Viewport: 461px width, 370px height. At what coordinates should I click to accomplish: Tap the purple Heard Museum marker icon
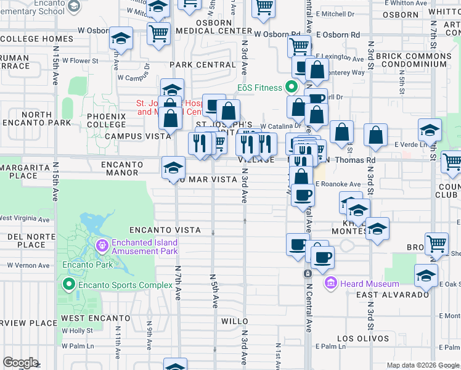coord(330,284)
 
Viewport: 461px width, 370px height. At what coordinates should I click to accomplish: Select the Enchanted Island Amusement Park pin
coord(102,247)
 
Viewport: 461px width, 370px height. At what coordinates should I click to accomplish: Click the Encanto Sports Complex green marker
coord(68,285)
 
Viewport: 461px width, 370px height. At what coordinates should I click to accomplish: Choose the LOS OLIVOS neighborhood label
coord(363,339)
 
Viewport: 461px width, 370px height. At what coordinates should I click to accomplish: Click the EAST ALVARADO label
coord(393,295)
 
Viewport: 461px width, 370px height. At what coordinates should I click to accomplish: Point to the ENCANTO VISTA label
coord(165,229)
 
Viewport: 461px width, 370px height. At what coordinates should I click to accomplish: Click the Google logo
coord(21,363)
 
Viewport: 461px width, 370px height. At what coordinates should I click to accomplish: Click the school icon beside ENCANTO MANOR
coord(173,166)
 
